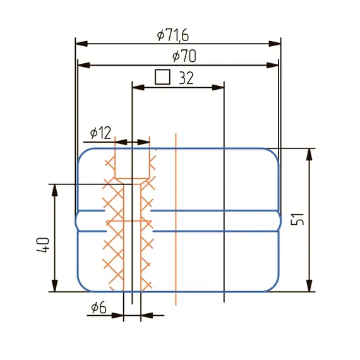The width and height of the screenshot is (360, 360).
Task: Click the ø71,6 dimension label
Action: tap(173, 36)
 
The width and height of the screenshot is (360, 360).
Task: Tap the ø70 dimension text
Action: tap(184, 56)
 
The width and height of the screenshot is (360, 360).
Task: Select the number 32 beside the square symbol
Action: tap(186, 78)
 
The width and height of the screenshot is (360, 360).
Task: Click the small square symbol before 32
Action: tap(162, 77)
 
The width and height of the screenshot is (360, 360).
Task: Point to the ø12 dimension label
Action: tap(101, 133)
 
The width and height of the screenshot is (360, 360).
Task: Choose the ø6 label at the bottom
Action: tap(99, 308)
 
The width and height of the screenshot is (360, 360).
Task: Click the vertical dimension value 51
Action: tap(297, 220)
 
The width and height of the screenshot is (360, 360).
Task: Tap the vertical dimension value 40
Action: tap(43, 245)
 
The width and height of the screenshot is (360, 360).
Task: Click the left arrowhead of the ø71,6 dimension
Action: tap(81, 44)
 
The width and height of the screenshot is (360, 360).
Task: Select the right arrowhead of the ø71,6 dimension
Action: tap(275, 44)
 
